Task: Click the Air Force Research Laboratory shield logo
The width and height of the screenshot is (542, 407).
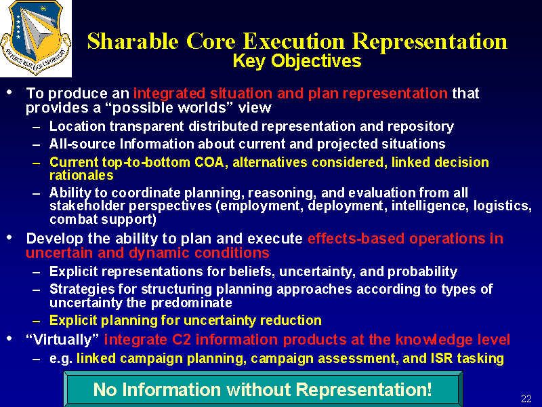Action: (x=36, y=38)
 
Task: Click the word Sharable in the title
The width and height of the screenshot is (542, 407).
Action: (x=133, y=42)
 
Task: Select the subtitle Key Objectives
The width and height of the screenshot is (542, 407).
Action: (x=297, y=61)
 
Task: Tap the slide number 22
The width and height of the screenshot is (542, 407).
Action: (x=526, y=398)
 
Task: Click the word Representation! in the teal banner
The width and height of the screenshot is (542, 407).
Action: (x=364, y=389)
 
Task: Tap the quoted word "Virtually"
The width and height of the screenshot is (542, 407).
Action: (x=63, y=340)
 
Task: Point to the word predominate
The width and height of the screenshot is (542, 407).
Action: (x=192, y=303)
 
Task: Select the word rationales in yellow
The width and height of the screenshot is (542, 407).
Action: (x=81, y=176)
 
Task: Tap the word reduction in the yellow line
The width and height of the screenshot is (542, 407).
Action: (x=291, y=320)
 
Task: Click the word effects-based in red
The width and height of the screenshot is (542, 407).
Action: (x=356, y=239)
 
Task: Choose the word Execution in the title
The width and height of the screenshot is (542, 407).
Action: (x=294, y=42)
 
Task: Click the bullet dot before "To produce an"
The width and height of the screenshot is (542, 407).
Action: (x=9, y=92)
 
